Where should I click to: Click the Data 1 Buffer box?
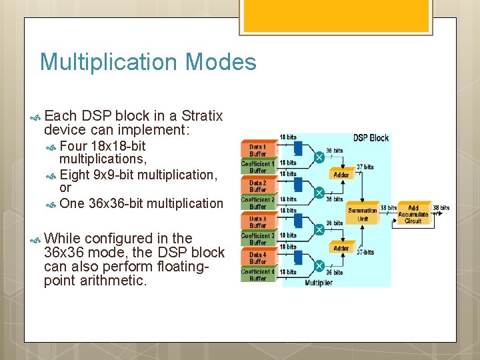click(257, 150)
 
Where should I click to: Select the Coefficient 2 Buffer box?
click(257, 203)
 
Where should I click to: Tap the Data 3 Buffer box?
click(257, 221)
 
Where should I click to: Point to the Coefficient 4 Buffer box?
click(257, 275)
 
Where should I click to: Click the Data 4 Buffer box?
click(257, 257)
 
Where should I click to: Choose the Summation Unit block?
click(363, 214)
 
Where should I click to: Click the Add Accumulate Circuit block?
click(413, 214)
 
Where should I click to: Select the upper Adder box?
click(341, 175)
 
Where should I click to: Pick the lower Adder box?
click(341, 248)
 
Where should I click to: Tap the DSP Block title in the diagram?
click(370, 138)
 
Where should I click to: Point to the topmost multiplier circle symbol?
click(319, 157)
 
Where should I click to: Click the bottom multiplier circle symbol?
click(319, 265)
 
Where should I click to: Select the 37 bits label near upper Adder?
click(365, 167)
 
